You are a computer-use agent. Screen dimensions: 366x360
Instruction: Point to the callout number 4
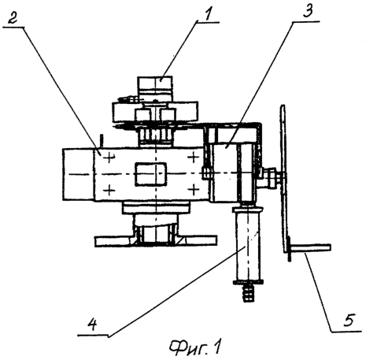point(92,325)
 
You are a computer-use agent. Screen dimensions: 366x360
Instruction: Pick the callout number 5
point(349,320)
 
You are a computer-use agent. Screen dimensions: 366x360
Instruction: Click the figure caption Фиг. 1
point(195,348)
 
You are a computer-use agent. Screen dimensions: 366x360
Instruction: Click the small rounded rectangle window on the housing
point(150,174)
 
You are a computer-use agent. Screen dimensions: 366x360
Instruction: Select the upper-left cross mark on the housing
point(109,158)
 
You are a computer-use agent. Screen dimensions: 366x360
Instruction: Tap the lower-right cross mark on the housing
point(194,189)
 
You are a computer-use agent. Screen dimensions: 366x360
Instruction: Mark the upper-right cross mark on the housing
point(194,158)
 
